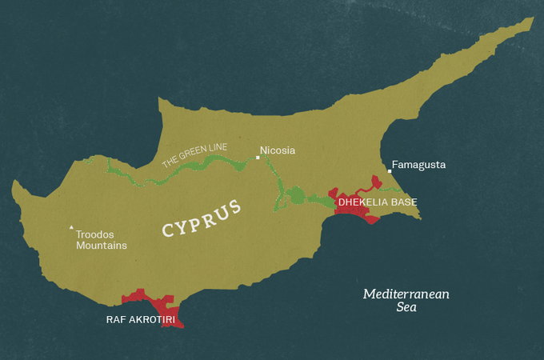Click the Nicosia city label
[278, 150]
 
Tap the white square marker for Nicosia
[257, 158]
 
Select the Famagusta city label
[418, 165]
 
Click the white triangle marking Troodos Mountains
[70, 226]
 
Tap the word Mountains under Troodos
[102, 246]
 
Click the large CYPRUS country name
[202, 218]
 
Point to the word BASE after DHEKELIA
[405, 202]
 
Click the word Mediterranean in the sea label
[406, 294]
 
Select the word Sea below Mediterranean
[406, 307]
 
